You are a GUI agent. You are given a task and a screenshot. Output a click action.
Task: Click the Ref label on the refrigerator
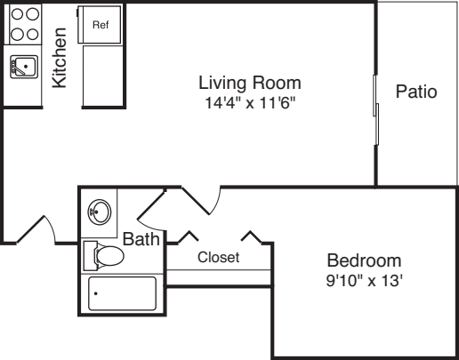101,25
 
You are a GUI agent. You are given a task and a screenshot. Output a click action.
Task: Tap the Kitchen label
60,58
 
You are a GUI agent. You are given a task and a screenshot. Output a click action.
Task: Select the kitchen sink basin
24,67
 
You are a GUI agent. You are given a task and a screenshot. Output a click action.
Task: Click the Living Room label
250,83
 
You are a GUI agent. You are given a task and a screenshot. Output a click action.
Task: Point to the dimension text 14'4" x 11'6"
250,103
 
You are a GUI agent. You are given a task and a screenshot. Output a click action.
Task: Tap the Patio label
416,92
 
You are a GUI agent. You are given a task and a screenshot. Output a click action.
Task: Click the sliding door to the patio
375,109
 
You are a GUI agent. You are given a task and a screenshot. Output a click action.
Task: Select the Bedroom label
364,260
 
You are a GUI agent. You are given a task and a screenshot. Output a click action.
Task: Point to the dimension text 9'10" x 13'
365,280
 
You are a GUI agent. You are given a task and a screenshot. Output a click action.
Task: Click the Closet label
219,257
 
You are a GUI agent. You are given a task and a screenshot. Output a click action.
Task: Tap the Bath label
141,239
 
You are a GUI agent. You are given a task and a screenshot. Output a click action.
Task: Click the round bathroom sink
100,212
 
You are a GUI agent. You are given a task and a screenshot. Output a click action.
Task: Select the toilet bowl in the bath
109,256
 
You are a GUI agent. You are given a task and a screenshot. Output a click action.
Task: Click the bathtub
122,293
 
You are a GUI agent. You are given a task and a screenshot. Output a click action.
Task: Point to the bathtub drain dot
96,293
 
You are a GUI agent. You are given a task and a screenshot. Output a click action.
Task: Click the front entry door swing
36,229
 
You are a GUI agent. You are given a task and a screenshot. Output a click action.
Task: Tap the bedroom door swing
201,201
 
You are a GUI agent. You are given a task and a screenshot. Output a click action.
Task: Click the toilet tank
90,256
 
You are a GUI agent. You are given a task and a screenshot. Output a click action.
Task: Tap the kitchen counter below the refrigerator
102,76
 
